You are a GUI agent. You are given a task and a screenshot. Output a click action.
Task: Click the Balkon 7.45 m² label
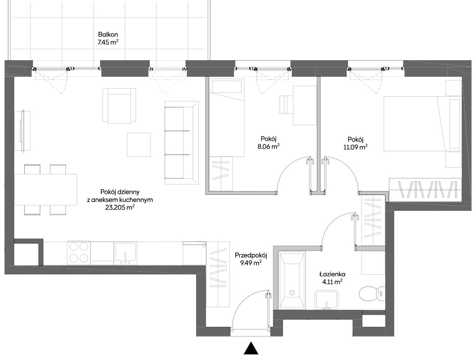108,39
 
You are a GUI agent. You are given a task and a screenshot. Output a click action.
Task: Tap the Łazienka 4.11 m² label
333,278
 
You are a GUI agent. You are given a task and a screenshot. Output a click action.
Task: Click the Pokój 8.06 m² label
268,143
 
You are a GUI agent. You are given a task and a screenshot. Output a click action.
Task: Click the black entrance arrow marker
251,348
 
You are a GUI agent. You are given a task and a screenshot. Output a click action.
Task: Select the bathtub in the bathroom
292,280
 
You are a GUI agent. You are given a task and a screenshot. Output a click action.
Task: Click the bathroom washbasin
327,300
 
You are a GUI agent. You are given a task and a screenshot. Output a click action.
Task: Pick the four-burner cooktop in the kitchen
80,253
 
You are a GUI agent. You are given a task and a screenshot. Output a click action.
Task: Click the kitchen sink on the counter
125,253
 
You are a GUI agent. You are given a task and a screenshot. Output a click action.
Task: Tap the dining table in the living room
46,190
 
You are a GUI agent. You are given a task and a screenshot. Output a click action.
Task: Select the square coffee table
139,145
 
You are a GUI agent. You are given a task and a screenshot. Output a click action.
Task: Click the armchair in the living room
119,106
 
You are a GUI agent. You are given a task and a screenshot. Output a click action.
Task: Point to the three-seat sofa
182,143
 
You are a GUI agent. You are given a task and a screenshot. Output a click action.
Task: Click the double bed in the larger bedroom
422,124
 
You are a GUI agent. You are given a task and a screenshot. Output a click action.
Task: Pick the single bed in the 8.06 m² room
227,117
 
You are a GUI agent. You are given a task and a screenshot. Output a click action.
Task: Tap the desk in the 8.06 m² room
305,105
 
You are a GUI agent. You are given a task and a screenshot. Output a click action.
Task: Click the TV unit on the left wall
23,131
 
